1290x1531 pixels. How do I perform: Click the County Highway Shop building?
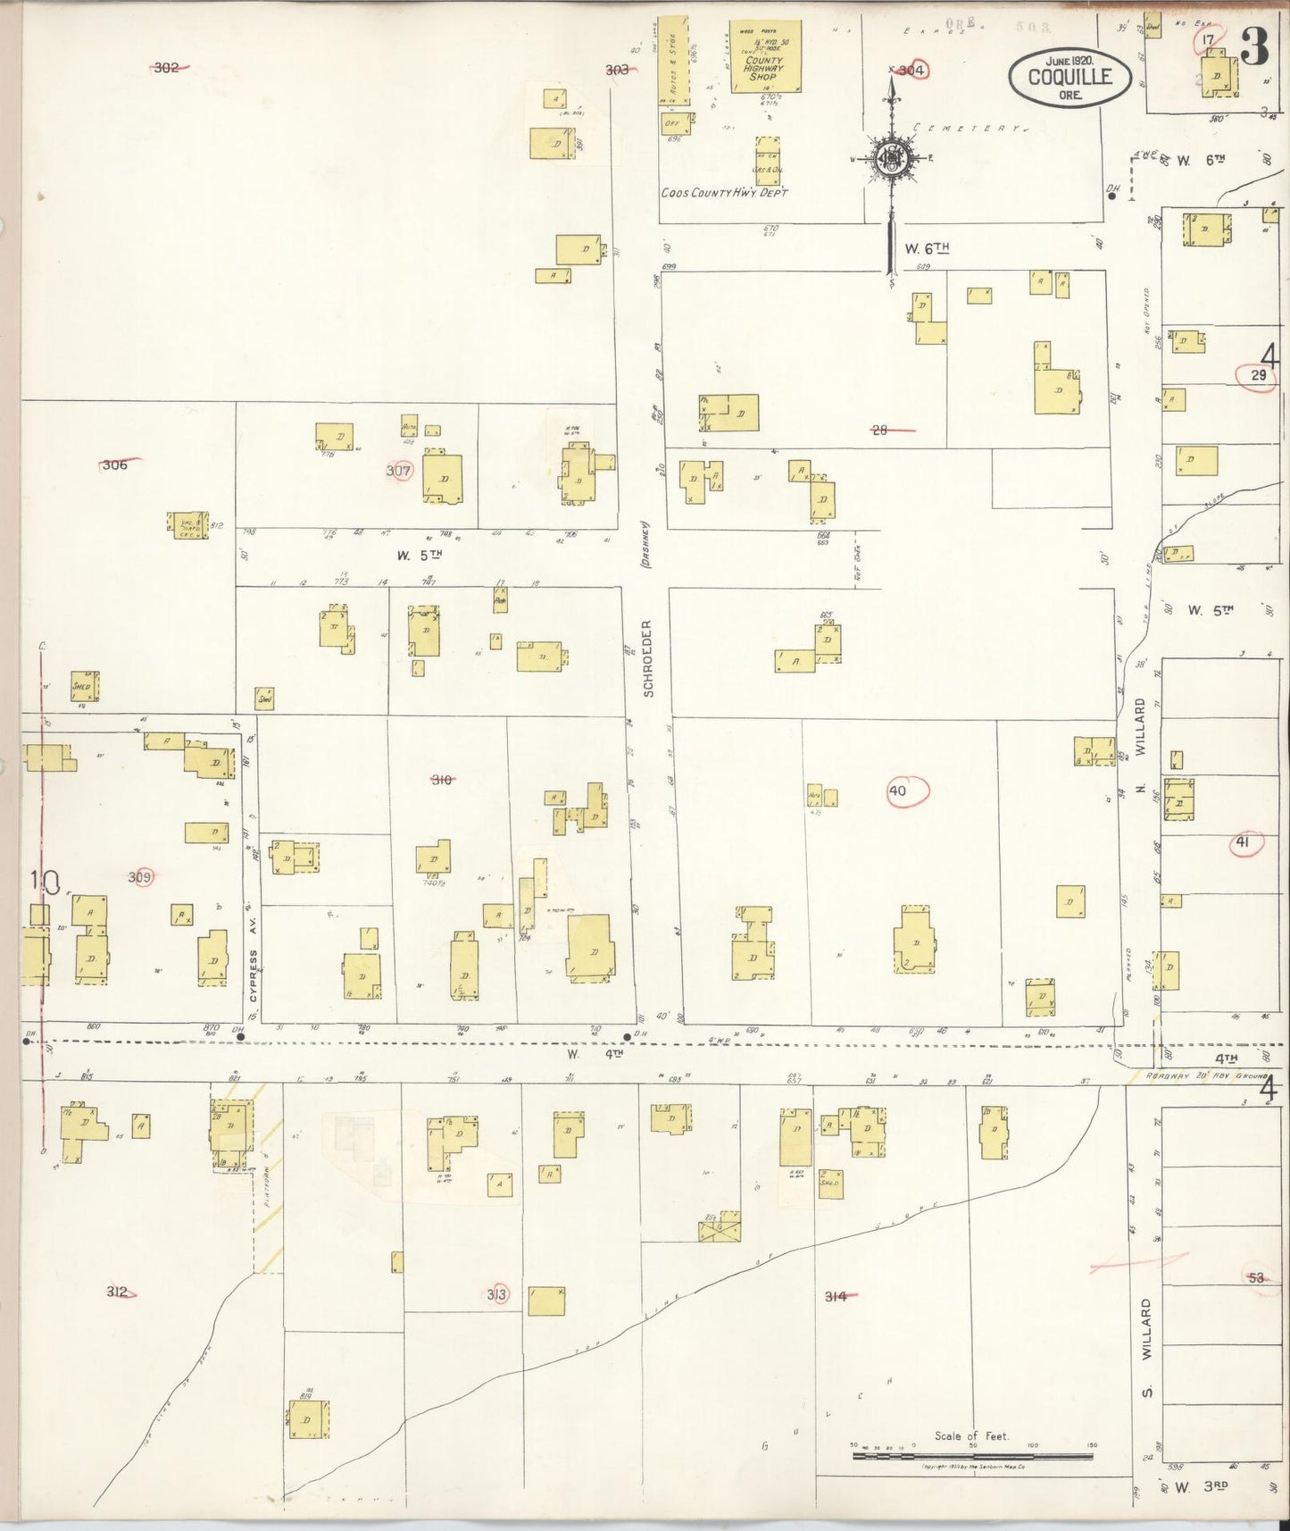tap(764, 58)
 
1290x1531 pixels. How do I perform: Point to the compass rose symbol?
tap(891, 159)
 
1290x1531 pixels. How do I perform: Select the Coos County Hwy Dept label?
tap(724, 192)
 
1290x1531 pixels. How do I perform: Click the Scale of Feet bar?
tap(971, 1455)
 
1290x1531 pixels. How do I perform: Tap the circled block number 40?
tap(898, 791)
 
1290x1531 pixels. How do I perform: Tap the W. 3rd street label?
tap(1202, 1487)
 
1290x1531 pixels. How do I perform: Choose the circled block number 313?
tap(496, 1294)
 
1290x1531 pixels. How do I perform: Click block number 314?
tap(836, 1295)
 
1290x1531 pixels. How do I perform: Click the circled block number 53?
tap(1257, 1277)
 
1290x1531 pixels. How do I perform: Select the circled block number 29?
tap(1258, 375)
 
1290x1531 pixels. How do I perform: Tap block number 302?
tap(166, 67)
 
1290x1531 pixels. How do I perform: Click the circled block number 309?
tap(139, 877)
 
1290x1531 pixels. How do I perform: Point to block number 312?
tap(117, 1292)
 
